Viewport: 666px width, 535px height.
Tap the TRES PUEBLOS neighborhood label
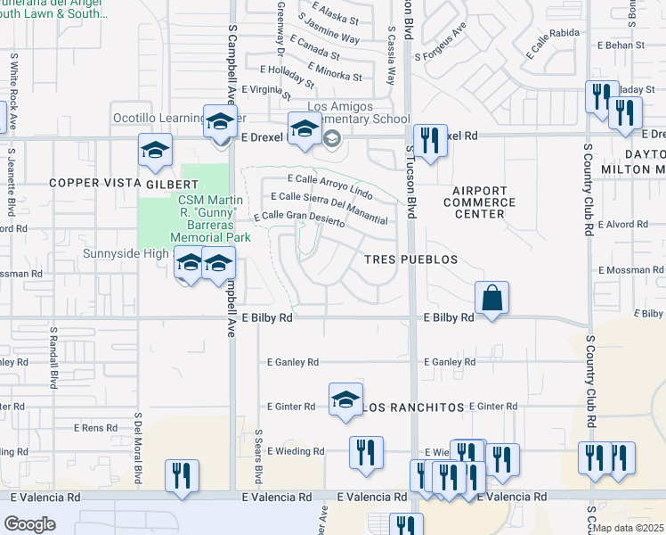pyautogui.click(x=410, y=259)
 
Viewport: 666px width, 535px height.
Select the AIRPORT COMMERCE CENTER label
pyautogui.click(x=479, y=202)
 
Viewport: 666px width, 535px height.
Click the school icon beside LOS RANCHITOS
pyautogui.click(x=345, y=400)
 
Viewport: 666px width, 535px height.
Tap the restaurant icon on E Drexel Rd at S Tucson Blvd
pyautogui.click(x=430, y=141)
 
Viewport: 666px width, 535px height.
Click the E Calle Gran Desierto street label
pyautogui.click(x=299, y=218)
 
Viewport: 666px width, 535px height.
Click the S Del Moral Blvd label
pyautogui.click(x=138, y=441)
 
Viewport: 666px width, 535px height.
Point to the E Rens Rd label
pyautogui.click(x=95, y=428)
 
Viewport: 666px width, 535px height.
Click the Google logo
pyautogui.click(x=29, y=524)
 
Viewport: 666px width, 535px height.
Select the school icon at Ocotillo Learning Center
pyautogui.click(x=219, y=123)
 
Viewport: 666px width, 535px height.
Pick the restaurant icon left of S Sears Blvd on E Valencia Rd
pyautogui.click(x=183, y=476)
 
